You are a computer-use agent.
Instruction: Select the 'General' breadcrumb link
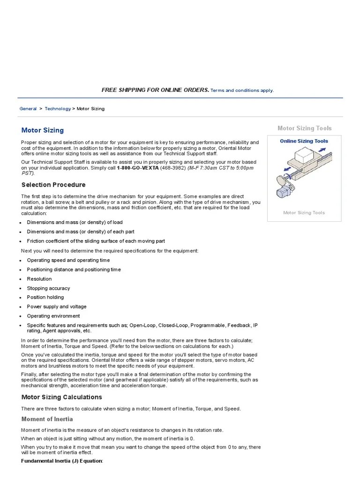tap(28, 109)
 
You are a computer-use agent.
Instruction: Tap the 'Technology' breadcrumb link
tap(58, 109)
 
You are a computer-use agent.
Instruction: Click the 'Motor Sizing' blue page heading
tap(43, 130)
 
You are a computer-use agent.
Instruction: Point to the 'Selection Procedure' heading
tap(53, 185)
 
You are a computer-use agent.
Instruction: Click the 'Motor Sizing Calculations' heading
tap(61, 397)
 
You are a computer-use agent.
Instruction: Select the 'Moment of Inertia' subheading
tap(47, 419)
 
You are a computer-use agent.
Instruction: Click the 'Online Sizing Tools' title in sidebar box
tap(304, 141)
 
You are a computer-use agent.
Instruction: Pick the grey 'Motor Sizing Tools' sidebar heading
tap(304, 128)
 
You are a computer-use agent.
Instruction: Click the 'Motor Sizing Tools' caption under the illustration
tap(304, 213)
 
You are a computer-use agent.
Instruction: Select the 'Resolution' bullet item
tap(39, 279)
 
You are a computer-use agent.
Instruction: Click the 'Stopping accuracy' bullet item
tap(48, 288)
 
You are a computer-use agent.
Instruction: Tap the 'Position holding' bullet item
tap(45, 297)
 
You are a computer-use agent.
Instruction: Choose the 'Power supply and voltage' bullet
tap(57, 307)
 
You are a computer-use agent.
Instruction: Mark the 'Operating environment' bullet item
tap(53, 316)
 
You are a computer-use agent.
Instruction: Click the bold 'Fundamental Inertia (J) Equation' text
tap(61, 461)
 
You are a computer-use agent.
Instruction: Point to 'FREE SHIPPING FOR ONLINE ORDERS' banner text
tap(155, 90)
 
